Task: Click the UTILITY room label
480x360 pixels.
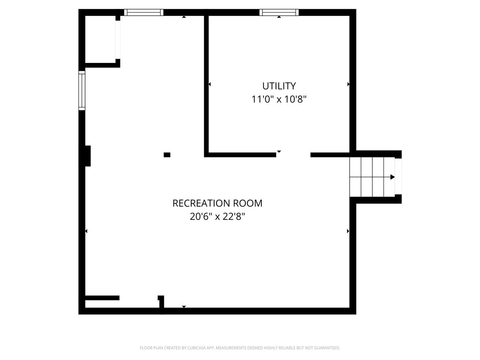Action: click(279, 86)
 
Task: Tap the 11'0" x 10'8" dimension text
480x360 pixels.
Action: click(279, 99)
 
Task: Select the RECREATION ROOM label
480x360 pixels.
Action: click(217, 203)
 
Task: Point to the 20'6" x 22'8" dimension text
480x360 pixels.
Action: click(217, 217)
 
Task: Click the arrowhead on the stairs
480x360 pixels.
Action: click(393, 177)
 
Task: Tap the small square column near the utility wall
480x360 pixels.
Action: click(167, 155)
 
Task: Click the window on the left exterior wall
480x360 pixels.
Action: click(82, 90)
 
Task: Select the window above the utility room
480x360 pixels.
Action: click(279, 12)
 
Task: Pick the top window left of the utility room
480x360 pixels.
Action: click(144, 12)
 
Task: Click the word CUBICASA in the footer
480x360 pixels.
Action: click(196, 348)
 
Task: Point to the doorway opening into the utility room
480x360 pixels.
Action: click(293, 155)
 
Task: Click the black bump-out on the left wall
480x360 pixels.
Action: click(88, 156)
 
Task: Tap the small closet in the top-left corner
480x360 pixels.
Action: click(100, 39)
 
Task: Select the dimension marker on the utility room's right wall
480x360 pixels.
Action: click(348, 84)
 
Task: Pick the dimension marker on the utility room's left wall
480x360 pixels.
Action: click(210, 84)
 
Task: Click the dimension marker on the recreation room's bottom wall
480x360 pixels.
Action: click(184, 307)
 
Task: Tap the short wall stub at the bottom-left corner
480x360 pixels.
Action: click(102, 298)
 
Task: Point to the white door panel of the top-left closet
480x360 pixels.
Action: click(118, 40)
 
